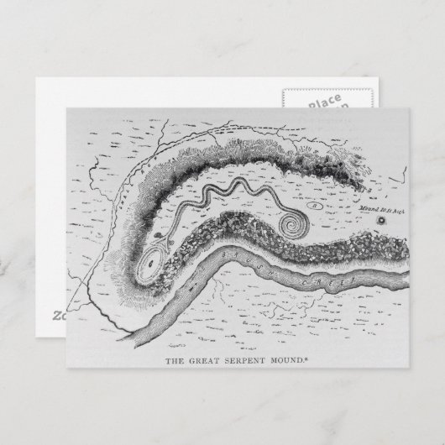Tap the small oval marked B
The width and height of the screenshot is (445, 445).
315,204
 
